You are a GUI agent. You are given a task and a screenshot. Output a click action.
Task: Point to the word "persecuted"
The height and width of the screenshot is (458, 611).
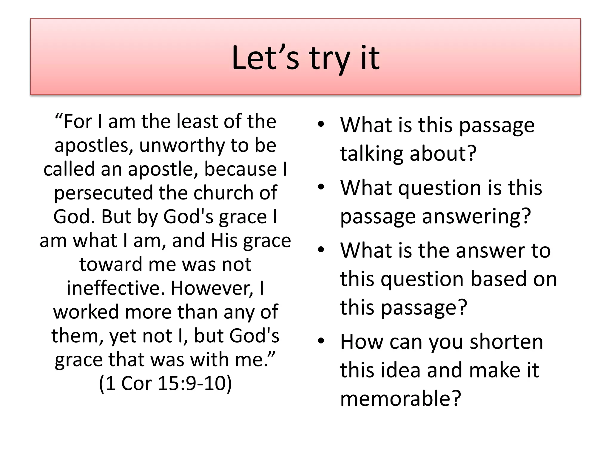[103, 193]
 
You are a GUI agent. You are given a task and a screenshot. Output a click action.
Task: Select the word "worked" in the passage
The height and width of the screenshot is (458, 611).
[86, 312]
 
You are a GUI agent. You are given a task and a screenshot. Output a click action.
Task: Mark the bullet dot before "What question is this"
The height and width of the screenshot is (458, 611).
[321, 188]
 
